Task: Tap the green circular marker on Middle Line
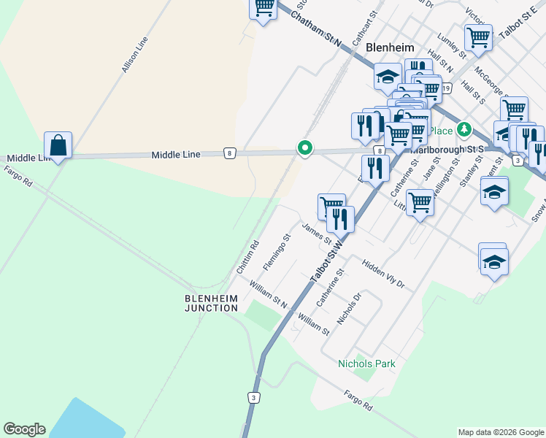[x=305, y=148]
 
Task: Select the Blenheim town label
[x=389, y=47]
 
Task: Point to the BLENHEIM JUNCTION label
[x=211, y=303]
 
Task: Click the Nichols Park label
[x=366, y=364]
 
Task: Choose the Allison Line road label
[x=134, y=55]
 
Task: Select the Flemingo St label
[x=277, y=251]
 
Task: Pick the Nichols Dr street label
[x=349, y=310]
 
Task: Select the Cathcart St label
[x=366, y=27]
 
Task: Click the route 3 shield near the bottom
[x=253, y=397]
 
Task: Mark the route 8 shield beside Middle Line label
[x=230, y=153]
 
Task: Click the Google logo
[x=24, y=429]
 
